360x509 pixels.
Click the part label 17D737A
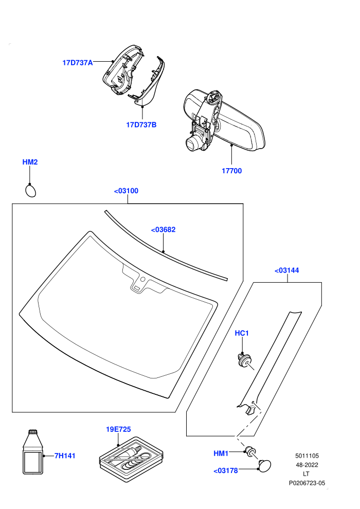coord(78,63)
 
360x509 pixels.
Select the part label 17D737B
coord(141,124)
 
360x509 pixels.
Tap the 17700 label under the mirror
coord(232,171)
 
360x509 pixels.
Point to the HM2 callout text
coord(30,162)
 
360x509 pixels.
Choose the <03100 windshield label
coord(126,191)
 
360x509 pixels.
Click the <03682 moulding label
coord(163,229)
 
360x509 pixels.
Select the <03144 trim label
coord(286,270)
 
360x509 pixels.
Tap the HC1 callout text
coord(242,333)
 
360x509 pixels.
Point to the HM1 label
coord(221,453)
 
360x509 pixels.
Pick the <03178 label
coord(226,470)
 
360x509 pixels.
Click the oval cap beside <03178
coord(264,465)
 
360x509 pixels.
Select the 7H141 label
coord(65,456)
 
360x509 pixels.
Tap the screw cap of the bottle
coord(33,432)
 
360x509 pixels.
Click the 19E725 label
coord(118,429)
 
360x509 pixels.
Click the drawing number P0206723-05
coord(307,483)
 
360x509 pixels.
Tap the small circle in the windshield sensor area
coord(142,279)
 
